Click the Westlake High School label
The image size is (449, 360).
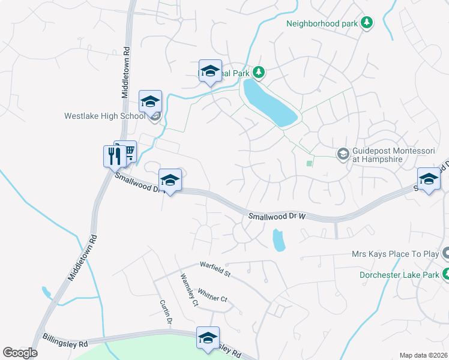pyautogui.click(x=104, y=116)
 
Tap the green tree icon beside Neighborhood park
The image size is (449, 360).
pyautogui.click(x=367, y=23)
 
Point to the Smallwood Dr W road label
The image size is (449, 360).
pyautogui.click(x=277, y=216)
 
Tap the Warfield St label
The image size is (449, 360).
pyautogui.click(x=215, y=269)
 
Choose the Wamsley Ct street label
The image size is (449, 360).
pyautogui.click(x=188, y=290)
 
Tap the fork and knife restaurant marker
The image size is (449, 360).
pyautogui.click(x=114, y=157)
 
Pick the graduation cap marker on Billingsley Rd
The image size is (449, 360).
pyautogui.click(x=208, y=338)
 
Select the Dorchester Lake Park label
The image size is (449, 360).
pyautogui.click(x=398, y=275)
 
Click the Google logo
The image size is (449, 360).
pyautogui.click(x=20, y=353)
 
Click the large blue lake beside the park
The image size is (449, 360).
pyautogui.click(x=269, y=102)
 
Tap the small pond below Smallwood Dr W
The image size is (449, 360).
pyautogui.click(x=279, y=241)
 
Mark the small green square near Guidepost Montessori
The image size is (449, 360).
pyautogui.click(x=310, y=163)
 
